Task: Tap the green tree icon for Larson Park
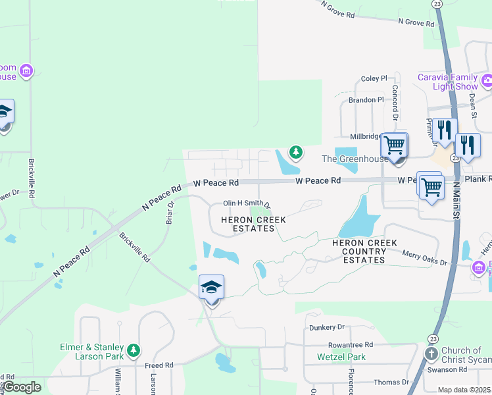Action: (134, 350)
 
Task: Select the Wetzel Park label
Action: (341, 357)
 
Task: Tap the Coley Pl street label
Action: (374, 79)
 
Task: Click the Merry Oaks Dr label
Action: (424, 263)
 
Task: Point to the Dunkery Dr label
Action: (327, 327)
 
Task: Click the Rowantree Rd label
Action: (351, 344)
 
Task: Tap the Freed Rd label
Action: (160, 365)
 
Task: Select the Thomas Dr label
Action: (391, 382)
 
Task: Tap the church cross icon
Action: (431, 355)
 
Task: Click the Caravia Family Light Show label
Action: (448, 82)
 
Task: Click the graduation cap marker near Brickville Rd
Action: (211, 288)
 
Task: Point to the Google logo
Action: (22, 387)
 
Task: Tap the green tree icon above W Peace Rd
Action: (296, 153)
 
